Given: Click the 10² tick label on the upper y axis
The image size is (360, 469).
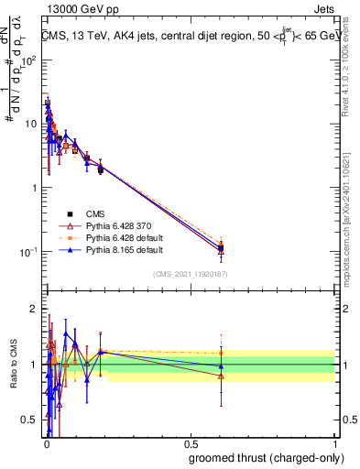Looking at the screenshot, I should click(27, 59).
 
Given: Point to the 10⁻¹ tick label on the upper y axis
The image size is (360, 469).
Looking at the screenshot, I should click(27, 252).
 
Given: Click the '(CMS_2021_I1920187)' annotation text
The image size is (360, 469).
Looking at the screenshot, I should click(190, 273).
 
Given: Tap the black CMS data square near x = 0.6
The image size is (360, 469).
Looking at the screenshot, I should click(221, 245).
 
